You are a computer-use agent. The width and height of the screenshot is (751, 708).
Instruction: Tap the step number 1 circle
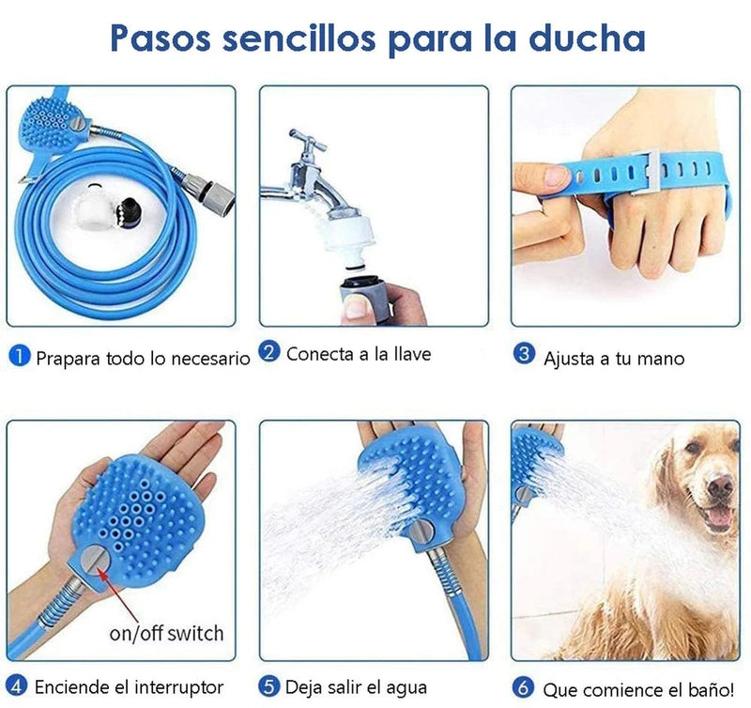click(x=20, y=357)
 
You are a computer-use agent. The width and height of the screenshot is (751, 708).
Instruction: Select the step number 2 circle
click(x=269, y=352)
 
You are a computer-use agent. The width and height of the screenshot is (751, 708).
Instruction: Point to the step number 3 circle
click(x=524, y=353)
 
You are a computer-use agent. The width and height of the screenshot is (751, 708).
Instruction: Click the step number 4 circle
click(x=17, y=686)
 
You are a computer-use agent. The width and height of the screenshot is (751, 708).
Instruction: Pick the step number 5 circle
click(x=269, y=686)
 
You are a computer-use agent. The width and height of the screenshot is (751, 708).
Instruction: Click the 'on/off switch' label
click(x=166, y=633)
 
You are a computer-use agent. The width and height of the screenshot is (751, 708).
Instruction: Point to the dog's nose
click(x=720, y=486)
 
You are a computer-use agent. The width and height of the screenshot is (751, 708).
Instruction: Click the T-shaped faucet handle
click(x=307, y=141)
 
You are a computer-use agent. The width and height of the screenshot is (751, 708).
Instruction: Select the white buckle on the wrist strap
click(x=644, y=173)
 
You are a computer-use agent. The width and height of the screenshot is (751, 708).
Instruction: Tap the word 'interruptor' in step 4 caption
click(x=178, y=687)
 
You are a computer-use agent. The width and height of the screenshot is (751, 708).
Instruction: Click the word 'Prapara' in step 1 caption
click(x=68, y=359)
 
